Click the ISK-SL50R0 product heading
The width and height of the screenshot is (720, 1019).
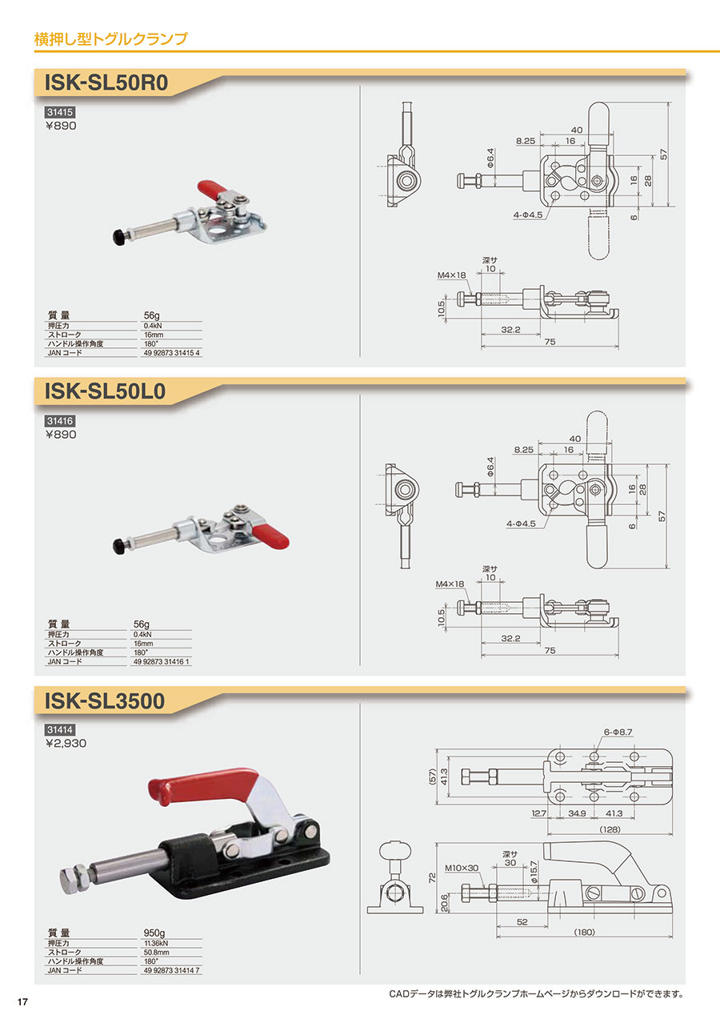[106, 82]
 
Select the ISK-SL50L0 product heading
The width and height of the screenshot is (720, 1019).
[105, 391]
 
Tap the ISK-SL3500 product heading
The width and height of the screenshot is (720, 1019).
[105, 700]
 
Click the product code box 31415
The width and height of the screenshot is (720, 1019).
[59, 112]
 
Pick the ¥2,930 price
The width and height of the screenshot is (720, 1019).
[66, 744]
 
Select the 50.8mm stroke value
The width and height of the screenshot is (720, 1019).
[156, 953]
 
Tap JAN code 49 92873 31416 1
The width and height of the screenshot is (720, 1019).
[161, 662]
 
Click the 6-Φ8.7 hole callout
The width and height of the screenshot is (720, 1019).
[618, 732]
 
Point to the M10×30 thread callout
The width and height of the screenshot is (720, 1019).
[462, 868]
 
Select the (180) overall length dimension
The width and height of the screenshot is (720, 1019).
[584, 932]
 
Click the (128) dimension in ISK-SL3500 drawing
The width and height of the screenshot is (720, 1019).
[610, 829]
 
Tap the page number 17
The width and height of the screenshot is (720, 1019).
[22, 1001]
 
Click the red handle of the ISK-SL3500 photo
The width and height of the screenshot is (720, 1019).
[203, 785]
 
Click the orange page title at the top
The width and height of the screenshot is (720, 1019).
[110, 39]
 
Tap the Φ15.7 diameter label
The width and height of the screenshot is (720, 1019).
[534, 872]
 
